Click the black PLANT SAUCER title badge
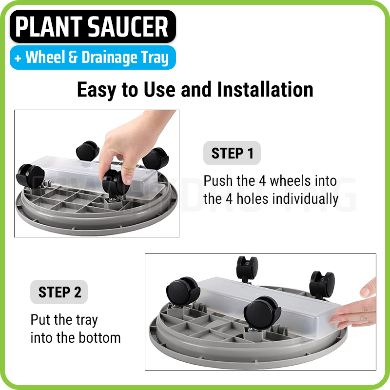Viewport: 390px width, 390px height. [x=93, y=26]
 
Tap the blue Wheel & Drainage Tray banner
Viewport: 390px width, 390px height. [x=93, y=58]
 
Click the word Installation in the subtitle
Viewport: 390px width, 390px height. [x=265, y=90]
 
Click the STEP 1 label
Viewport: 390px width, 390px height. [x=232, y=153]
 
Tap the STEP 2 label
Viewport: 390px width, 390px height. [x=59, y=292]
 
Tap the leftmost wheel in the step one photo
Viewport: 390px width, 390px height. [x=30, y=175]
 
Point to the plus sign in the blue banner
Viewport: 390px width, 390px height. [x=18, y=58]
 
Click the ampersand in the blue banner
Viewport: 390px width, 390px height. [x=73, y=58]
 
